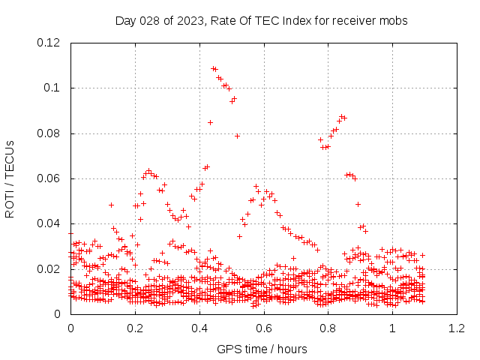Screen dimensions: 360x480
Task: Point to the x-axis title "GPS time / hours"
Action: point(262,349)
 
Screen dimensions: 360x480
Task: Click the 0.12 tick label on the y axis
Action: point(49,43)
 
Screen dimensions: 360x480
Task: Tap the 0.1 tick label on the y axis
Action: point(52,88)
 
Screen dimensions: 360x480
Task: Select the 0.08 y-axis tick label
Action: point(49,133)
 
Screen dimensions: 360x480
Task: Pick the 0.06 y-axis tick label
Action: point(49,178)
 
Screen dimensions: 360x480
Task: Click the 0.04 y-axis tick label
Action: point(49,223)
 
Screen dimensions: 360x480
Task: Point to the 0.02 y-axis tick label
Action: point(49,268)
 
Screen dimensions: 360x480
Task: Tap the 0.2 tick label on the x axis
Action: point(135,328)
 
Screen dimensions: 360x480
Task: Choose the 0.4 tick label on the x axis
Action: point(199,328)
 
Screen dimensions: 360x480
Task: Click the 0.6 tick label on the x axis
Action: point(263,328)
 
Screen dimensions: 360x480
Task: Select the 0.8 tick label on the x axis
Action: point(328,328)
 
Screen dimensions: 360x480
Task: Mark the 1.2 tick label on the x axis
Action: point(456,328)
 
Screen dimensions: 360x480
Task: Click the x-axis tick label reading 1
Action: point(392,328)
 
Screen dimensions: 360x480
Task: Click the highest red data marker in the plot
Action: point(214,68)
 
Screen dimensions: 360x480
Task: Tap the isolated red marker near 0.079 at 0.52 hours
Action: point(237,136)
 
